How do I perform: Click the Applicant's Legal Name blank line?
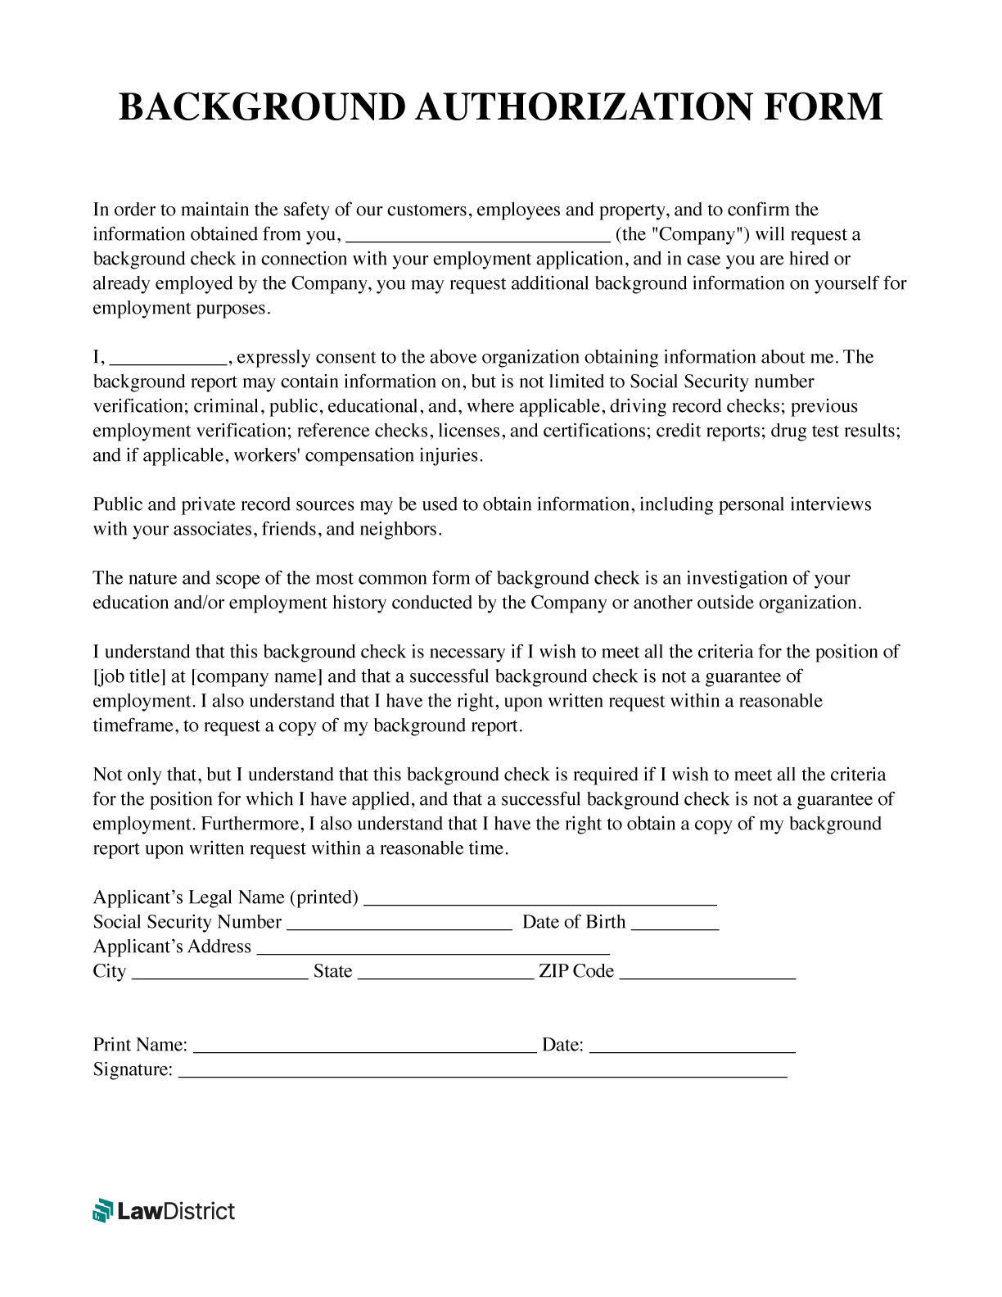coord(539,900)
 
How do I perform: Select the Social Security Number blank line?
coord(399,924)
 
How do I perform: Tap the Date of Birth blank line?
coord(675,924)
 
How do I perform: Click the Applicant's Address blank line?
coord(433,949)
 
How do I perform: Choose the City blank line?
coord(219,974)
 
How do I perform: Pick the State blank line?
coord(445,974)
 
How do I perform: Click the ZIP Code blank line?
coord(707,974)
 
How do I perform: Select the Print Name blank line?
coord(364,1047)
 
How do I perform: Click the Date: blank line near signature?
coord(692,1047)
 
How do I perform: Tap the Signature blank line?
coord(482,1072)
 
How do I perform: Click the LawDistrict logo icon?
coord(102,1210)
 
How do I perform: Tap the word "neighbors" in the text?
coord(399,529)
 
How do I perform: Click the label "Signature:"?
coord(133,1069)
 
